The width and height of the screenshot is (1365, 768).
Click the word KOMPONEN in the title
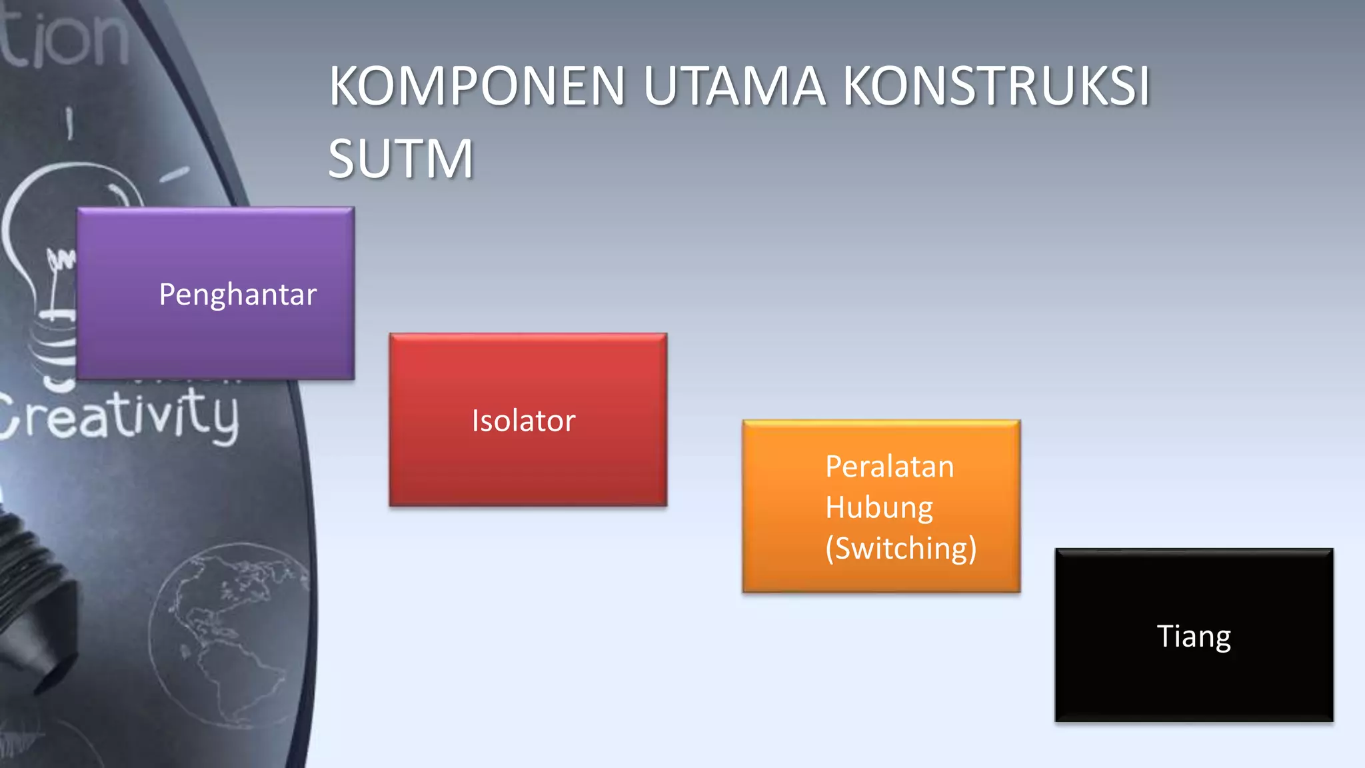point(477,87)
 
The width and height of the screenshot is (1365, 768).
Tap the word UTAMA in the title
point(734,87)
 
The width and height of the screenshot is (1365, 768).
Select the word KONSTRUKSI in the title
point(996,87)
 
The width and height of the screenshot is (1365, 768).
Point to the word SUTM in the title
point(401,159)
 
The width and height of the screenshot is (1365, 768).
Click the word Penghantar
point(237,295)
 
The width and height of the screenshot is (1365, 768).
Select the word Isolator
point(523,421)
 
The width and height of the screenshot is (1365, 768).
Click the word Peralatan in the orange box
point(889,467)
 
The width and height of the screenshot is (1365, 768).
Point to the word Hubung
point(878,508)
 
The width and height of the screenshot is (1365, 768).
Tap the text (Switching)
point(900,549)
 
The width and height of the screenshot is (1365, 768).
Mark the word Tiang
point(1193,636)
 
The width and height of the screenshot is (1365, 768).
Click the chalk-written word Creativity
point(120,417)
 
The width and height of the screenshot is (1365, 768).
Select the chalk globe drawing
point(227,633)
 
